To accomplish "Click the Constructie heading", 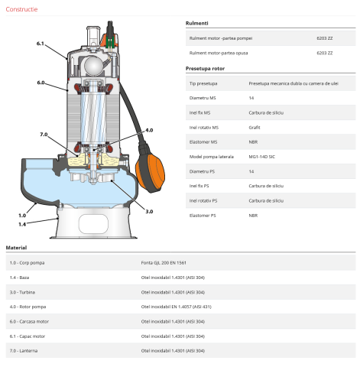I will click(x=21, y=8).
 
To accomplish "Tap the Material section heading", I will click(x=17, y=248).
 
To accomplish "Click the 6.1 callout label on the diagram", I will click(x=41, y=43).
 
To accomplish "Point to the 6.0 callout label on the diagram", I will click(x=41, y=82).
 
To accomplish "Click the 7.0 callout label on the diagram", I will click(x=44, y=135).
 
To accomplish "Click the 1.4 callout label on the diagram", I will click(x=22, y=224).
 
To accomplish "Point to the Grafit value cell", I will click(x=255, y=127).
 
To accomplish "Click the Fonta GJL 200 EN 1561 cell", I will click(x=164, y=263).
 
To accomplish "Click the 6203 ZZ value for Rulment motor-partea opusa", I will click(x=324, y=52).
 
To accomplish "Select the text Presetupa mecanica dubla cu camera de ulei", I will click(x=292, y=83).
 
